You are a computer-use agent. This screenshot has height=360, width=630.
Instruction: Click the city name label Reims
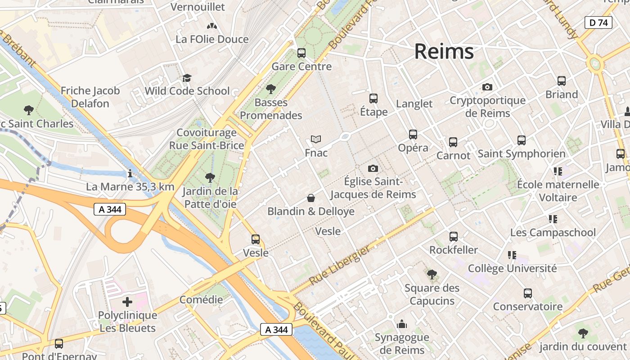tap(444, 51)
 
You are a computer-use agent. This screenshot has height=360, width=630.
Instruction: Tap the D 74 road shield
tap(598, 22)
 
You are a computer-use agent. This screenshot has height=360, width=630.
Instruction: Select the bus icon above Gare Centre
tap(301, 53)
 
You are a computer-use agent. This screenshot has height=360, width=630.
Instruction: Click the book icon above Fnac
tap(316, 139)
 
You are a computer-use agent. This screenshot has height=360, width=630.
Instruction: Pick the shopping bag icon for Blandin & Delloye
tap(310, 198)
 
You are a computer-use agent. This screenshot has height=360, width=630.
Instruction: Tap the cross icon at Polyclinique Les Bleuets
tap(127, 302)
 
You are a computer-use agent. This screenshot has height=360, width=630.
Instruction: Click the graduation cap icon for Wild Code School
tap(187, 78)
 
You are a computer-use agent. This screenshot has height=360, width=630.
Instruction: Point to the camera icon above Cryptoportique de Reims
tap(487, 87)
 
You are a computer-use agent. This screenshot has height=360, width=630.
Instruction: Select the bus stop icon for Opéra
tap(413, 134)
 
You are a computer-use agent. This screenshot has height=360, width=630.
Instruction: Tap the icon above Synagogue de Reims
tap(401, 324)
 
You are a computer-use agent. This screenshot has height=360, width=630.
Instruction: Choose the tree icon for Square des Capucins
tap(432, 274)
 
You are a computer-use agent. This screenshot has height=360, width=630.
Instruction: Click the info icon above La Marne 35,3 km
tap(130, 173)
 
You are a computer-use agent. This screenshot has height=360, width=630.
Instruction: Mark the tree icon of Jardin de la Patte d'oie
tap(209, 178)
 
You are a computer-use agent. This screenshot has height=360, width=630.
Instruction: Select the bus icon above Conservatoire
tap(527, 293)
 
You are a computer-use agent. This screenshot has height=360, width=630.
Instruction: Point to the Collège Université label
tap(512, 269)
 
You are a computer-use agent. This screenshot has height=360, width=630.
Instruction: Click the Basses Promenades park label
tap(271, 109)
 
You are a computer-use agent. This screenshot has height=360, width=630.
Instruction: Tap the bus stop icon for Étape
tap(373, 99)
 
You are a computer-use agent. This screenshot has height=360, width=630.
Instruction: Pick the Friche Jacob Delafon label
tap(90, 97)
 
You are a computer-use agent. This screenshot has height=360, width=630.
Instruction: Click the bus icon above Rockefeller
tap(453, 237)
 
